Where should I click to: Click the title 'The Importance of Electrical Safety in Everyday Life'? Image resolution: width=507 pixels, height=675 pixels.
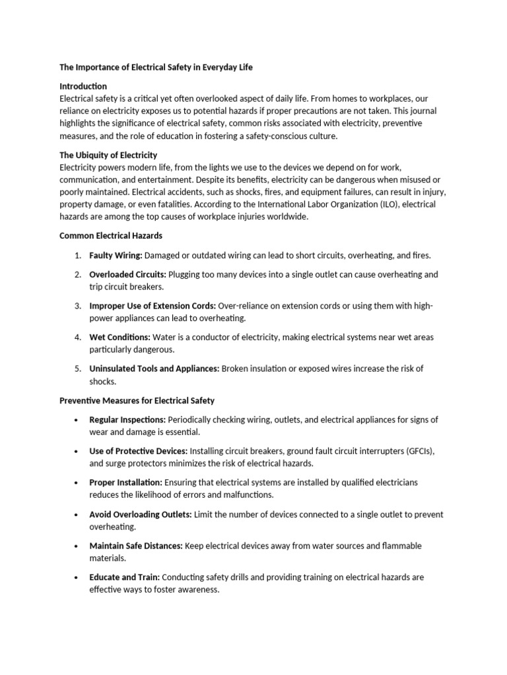(x=156, y=67)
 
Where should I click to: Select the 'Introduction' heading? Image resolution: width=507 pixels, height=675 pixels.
(x=83, y=86)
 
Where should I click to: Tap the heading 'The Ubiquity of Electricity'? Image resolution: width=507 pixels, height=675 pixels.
(x=108, y=156)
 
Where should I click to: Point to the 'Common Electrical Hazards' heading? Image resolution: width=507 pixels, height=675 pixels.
(x=111, y=235)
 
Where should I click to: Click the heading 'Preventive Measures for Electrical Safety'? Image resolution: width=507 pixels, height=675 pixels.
(x=137, y=400)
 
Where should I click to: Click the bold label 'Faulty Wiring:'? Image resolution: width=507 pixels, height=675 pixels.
(x=116, y=255)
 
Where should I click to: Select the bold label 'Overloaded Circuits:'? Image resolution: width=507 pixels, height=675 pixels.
(x=128, y=274)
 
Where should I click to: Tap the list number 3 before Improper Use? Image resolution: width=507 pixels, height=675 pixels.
(x=77, y=306)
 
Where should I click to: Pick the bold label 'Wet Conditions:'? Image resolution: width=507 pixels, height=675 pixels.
(x=119, y=337)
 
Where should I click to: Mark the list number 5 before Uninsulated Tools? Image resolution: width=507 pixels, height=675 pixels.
(x=77, y=368)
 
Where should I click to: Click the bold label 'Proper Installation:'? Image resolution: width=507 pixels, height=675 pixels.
(x=125, y=483)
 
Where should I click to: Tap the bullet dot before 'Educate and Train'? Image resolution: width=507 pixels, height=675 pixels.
(x=77, y=577)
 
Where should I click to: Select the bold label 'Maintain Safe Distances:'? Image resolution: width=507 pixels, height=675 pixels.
(x=136, y=546)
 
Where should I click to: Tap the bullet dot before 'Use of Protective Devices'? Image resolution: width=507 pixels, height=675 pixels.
(x=77, y=452)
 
